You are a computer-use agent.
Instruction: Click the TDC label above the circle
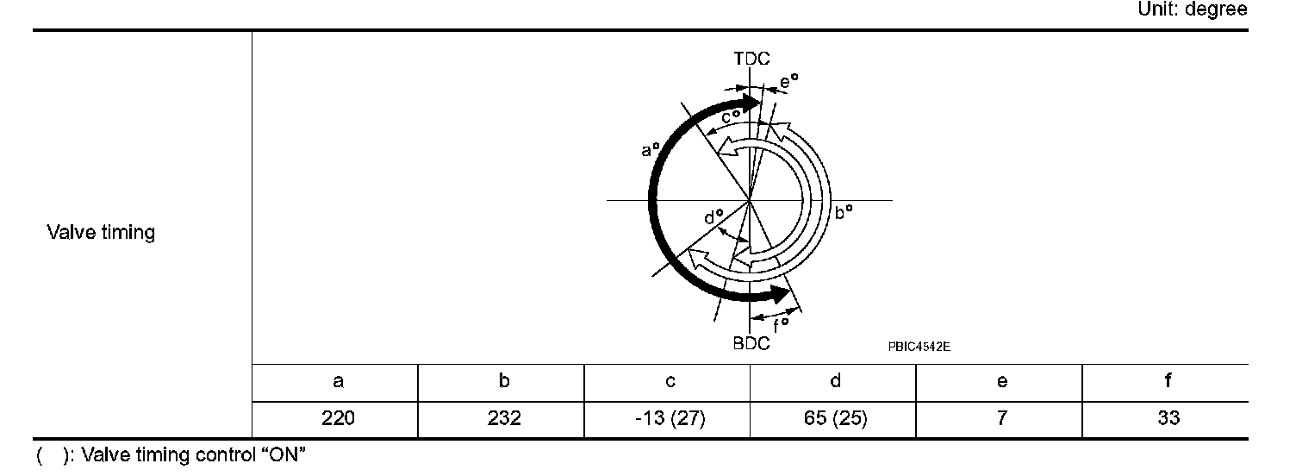(751, 59)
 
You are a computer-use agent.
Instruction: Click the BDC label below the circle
(751, 343)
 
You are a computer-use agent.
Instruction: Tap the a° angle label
(651, 149)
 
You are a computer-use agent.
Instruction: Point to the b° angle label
(844, 212)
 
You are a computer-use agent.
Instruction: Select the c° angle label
(730, 116)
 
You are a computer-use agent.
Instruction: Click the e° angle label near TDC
(788, 82)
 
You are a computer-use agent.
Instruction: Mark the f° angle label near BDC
(781, 325)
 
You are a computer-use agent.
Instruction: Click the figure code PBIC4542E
(919, 347)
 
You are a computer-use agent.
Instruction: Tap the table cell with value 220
(338, 418)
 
